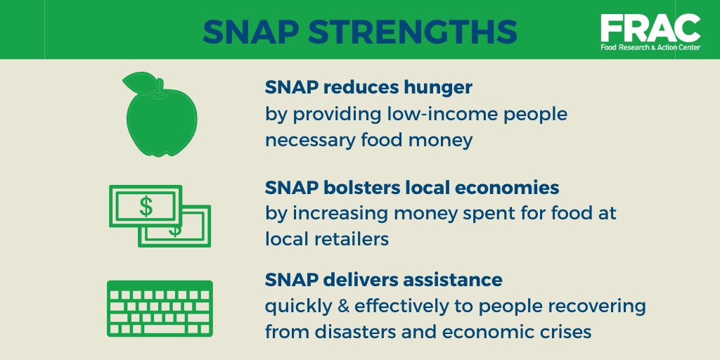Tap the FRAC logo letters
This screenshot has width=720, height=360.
(x=650, y=27)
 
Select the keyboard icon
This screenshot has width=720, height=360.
(x=160, y=309)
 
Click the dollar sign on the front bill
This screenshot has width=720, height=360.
(x=146, y=206)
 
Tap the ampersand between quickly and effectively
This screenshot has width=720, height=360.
(x=342, y=307)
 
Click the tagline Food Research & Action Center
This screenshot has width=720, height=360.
(x=650, y=50)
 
